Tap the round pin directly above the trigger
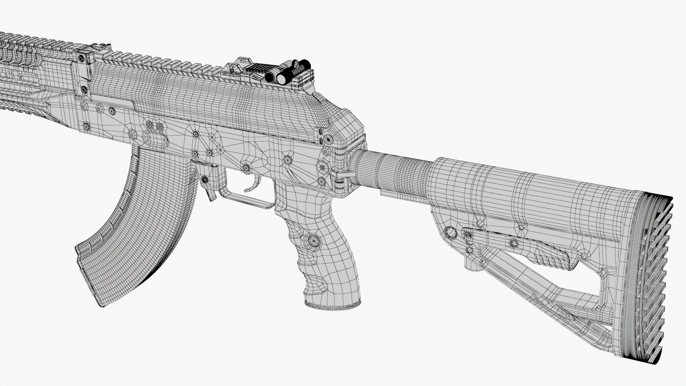[x=246, y=167]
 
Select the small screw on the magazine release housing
[x=205, y=179]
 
